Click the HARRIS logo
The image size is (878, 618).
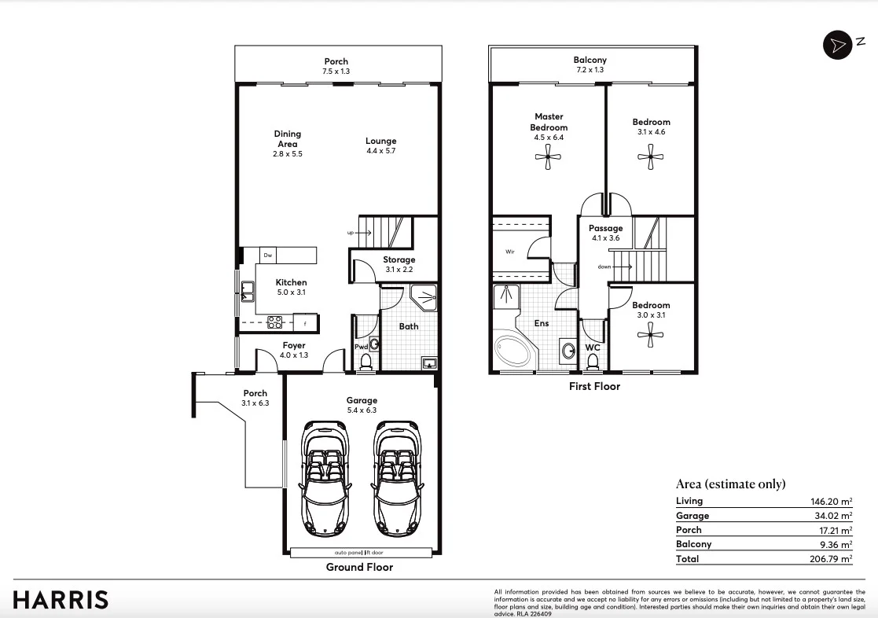tap(61, 600)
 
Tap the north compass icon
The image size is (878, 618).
tap(838, 45)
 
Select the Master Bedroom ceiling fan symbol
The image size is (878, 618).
tap(547, 160)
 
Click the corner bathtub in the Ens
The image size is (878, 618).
tap(512, 352)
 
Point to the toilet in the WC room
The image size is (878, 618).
tap(593, 361)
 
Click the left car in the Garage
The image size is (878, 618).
tap(325, 476)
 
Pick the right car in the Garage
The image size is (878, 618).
tap(397, 476)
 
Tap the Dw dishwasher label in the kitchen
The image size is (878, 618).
tap(267, 255)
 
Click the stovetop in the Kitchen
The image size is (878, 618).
tap(276, 322)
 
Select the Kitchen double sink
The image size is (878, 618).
tap(247, 292)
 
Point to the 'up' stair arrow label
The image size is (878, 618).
tap(351, 233)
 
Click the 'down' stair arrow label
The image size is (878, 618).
tap(604, 267)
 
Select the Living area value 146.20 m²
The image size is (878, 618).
tap(832, 502)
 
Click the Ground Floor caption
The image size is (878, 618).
tap(359, 567)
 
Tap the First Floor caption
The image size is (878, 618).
tap(594, 386)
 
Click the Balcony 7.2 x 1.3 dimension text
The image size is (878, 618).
tap(590, 71)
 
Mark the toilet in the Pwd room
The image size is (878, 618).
tap(366, 361)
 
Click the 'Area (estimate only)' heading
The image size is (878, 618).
tap(730, 484)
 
